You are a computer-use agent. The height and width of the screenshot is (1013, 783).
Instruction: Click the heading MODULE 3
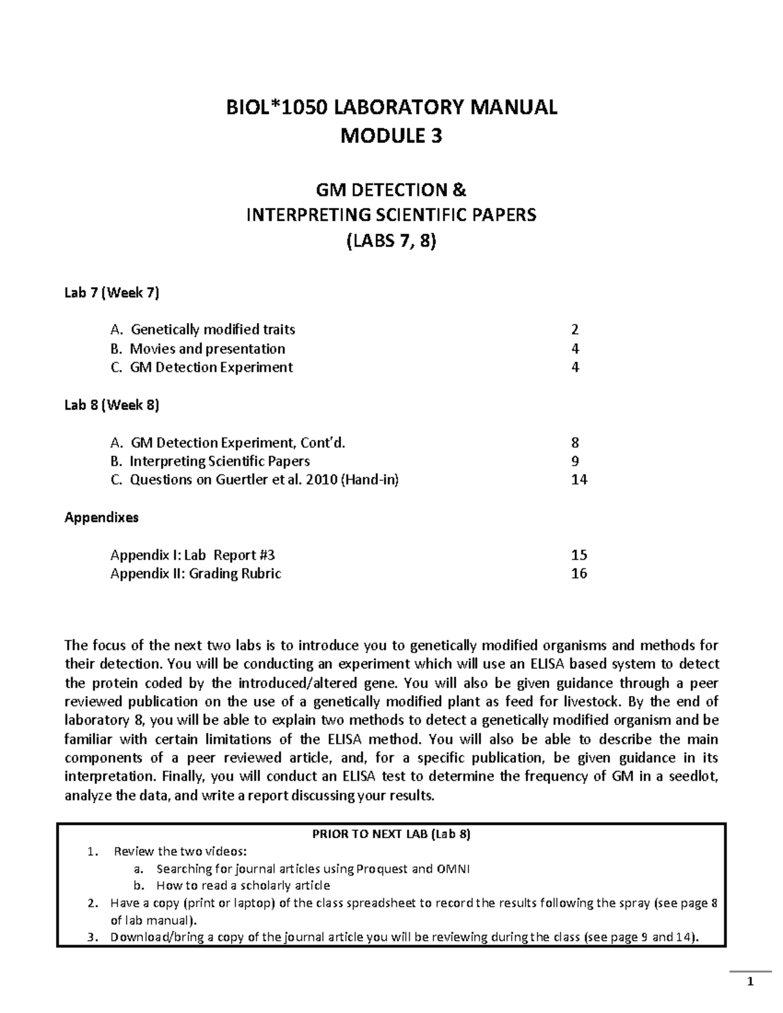click(391, 136)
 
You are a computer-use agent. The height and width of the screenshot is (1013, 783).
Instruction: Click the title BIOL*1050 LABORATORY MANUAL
click(391, 107)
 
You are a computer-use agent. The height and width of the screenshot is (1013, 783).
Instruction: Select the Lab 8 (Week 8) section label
click(112, 405)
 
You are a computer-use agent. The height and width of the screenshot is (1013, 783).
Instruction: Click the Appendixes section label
click(101, 518)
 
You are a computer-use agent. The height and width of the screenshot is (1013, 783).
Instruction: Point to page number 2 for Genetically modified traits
click(575, 330)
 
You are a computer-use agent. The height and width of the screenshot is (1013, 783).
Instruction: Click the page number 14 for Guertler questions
click(579, 480)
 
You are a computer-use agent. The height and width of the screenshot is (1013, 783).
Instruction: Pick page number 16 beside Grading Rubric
click(579, 574)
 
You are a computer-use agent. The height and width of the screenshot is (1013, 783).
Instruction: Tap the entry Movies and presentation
click(207, 349)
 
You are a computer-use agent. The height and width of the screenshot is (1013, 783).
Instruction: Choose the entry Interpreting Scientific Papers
click(219, 462)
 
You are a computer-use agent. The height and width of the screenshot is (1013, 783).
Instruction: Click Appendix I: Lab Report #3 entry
click(192, 555)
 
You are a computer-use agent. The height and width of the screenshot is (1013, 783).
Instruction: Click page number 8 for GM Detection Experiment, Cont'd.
click(575, 443)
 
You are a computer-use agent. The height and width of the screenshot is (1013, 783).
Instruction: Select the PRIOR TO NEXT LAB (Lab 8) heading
click(391, 834)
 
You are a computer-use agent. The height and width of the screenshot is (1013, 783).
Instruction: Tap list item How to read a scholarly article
click(243, 886)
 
